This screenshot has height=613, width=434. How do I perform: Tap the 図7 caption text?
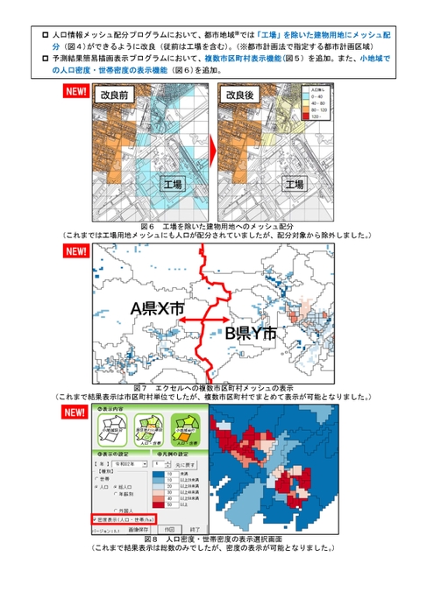[x=215, y=388]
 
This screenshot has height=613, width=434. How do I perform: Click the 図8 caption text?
[x=215, y=539]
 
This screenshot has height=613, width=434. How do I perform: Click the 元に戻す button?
[x=181, y=466]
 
